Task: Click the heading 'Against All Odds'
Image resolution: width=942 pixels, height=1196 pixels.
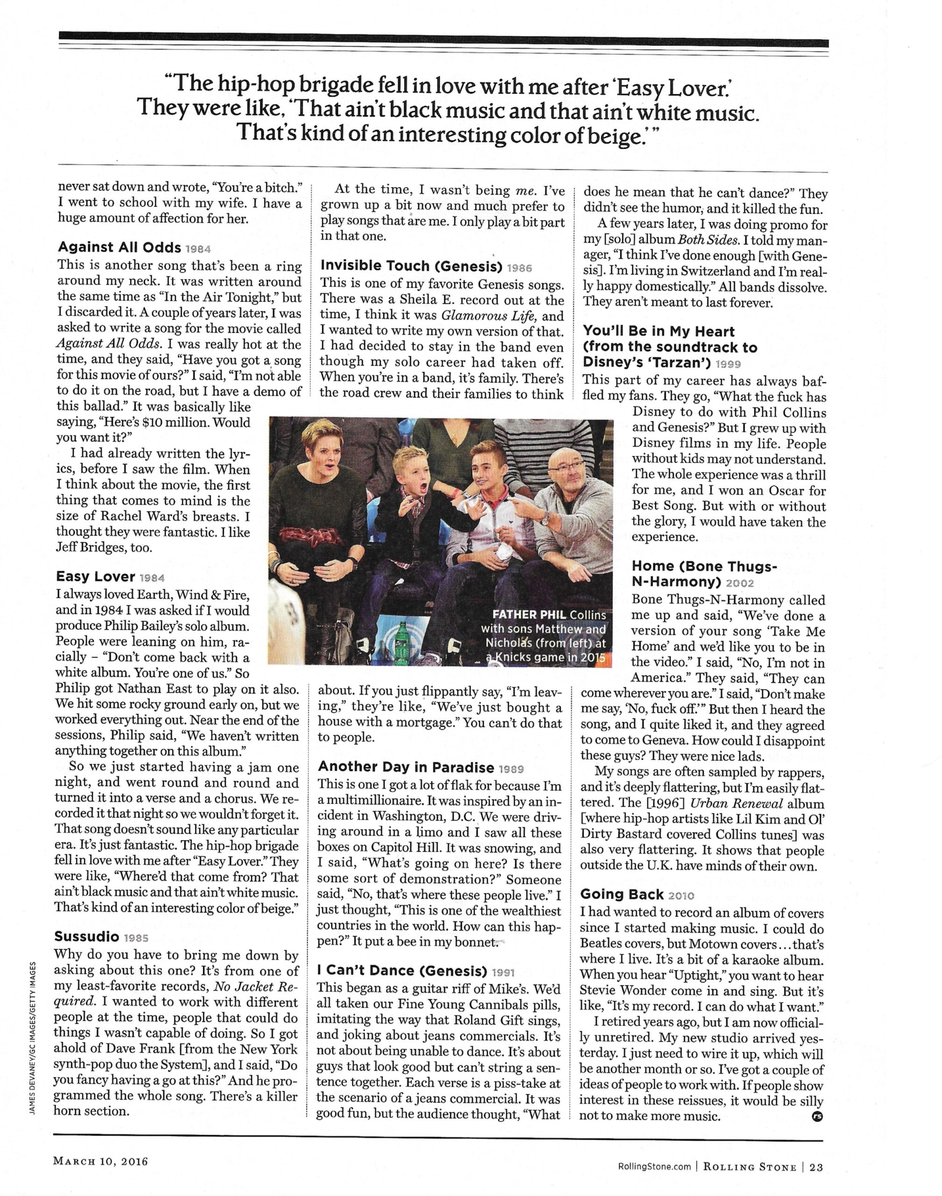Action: point(119,247)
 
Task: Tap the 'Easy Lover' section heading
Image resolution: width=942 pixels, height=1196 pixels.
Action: point(95,577)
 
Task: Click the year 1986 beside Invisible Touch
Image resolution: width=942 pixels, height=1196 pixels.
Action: point(519,268)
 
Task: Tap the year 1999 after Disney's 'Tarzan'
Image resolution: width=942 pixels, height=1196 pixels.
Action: point(728,363)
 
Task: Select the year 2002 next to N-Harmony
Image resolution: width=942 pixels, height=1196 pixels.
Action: point(740,583)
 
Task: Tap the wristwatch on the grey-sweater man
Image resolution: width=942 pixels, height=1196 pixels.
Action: point(545,518)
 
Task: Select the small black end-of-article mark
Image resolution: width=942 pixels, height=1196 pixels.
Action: point(817,1117)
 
